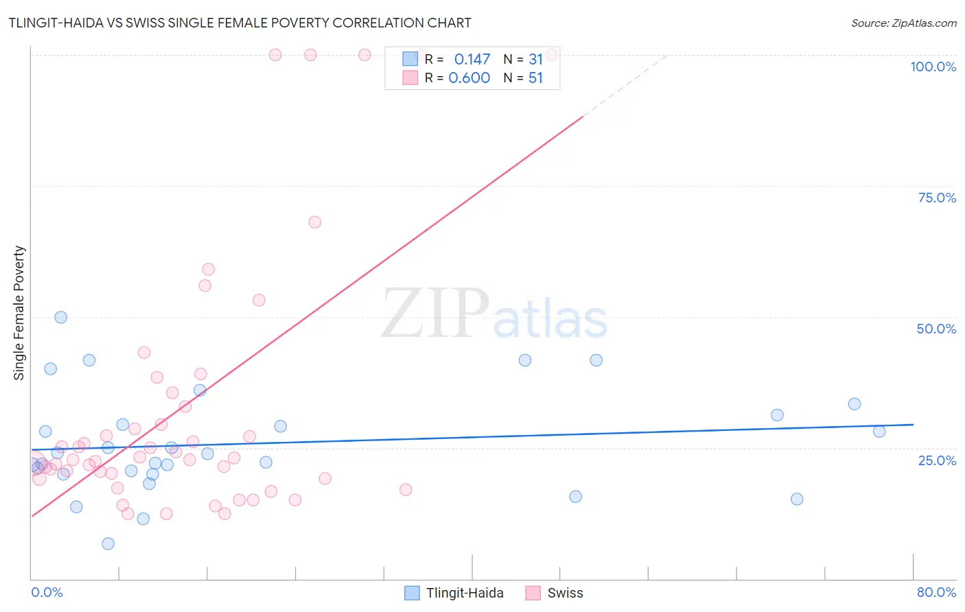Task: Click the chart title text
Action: tap(240, 23)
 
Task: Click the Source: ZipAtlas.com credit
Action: tap(903, 23)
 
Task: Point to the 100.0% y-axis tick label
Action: tap(933, 67)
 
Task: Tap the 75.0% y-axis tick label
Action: tap(937, 198)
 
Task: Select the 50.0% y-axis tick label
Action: tap(936, 329)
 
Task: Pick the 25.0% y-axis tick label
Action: tap(937, 460)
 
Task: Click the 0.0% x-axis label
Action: tap(47, 592)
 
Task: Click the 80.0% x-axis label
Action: tap(936, 592)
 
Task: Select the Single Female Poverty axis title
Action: tap(19, 313)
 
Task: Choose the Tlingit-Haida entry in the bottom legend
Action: tap(465, 593)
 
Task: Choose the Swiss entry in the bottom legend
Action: tap(565, 593)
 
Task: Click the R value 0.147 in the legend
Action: tap(472, 60)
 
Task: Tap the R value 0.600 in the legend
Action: tap(469, 78)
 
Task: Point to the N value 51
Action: tap(535, 78)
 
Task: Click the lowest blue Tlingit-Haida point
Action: tap(108, 543)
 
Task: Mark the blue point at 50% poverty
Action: tap(61, 317)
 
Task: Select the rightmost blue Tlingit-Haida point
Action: tap(879, 431)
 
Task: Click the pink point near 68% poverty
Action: tap(315, 222)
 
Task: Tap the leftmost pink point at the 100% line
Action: tap(275, 55)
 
